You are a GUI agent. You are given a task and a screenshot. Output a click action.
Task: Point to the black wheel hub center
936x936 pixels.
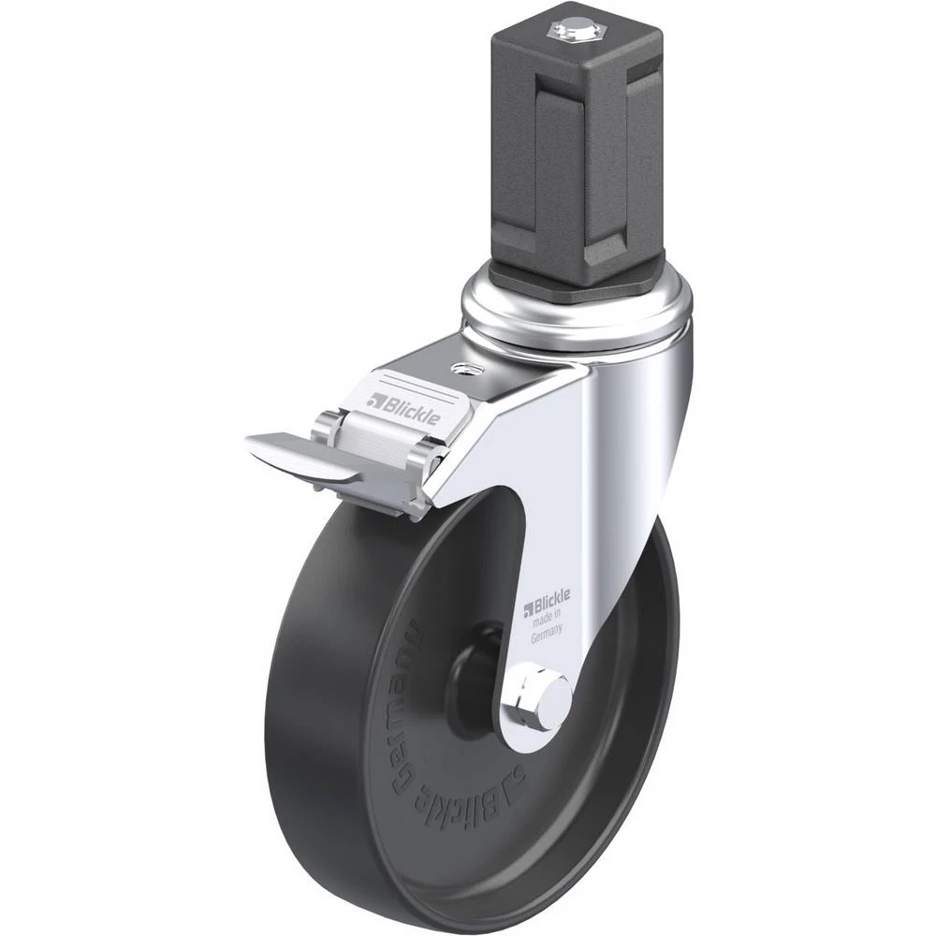[475, 663]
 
